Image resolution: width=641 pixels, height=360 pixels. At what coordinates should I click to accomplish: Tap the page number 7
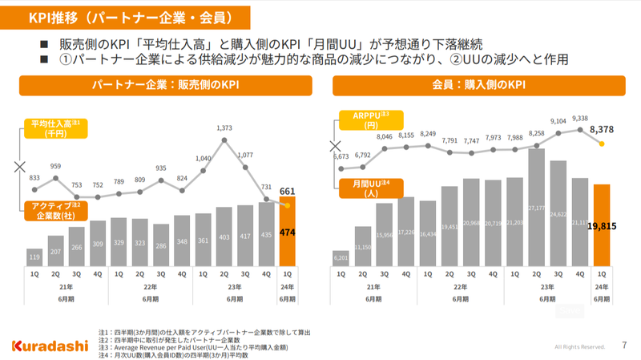point(624,346)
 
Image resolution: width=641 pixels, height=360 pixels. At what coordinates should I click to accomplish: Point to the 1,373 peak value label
point(224,127)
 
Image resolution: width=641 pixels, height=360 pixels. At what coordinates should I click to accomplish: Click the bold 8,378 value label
point(601,128)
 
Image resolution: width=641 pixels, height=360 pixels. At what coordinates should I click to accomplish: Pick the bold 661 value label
point(288,191)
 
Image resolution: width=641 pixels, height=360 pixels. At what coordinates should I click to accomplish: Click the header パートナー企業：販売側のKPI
point(166,84)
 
